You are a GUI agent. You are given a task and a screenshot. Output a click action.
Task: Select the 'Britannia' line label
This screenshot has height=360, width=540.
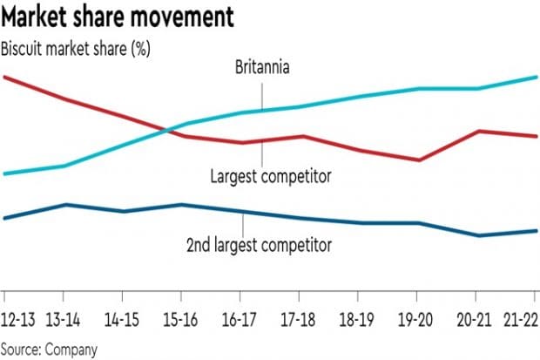pos(262,67)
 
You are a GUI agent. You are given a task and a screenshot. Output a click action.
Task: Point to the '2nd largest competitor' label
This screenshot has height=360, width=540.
pos(259,245)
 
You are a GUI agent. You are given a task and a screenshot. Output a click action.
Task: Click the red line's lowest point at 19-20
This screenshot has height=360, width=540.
pos(420,160)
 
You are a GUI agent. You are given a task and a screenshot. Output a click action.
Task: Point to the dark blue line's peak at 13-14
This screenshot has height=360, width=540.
pos(65,205)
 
